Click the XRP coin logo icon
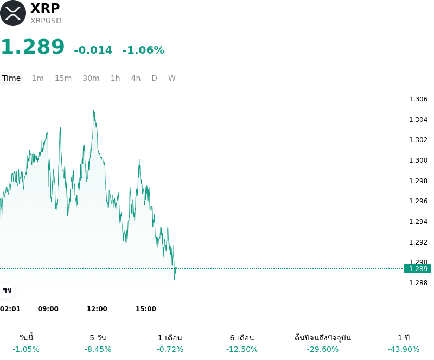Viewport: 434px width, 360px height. coord(13,13)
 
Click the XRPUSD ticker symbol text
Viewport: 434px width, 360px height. coord(46,21)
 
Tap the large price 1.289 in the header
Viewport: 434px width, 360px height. coord(33,47)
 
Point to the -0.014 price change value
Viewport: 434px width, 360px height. coord(93,50)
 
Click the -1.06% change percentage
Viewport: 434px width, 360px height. coord(143,50)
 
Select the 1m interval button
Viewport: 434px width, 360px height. coord(37,78)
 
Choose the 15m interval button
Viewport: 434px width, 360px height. coord(63,78)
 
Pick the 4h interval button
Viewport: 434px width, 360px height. coord(136,78)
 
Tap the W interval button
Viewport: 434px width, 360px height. coord(171,78)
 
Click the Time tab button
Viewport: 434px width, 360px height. coord(11,78)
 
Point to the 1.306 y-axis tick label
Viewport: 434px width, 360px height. coord(418,99)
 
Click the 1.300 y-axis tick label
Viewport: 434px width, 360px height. coord(418,160)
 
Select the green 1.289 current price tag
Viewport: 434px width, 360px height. coord(417,269)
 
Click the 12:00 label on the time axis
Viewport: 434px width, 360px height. coord(97,309)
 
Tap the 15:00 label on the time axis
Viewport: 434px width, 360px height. coord(145,309)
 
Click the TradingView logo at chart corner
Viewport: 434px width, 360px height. coord(7,291)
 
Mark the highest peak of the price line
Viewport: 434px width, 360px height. coord(94,111)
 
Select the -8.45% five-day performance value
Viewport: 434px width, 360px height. coord(98,349)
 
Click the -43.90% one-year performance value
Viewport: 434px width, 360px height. coord(403,349)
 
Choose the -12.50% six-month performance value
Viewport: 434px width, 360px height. coord(242,349)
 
